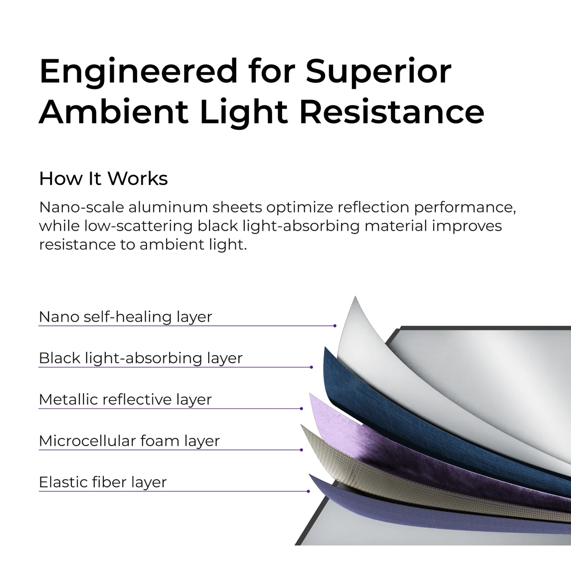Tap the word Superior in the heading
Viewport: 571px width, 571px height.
coord(378,71)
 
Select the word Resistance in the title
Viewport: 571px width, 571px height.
coord(392,112)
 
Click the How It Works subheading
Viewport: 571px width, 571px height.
coord(104,179)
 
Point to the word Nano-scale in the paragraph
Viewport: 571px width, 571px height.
coord(81,207)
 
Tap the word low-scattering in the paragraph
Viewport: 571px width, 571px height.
coord(138,226)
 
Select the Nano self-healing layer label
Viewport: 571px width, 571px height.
coord(125,317)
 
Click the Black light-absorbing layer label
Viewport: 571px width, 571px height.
coord(140,358)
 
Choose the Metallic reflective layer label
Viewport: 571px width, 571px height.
coord(125,400)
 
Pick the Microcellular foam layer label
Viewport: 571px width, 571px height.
coord(129,441)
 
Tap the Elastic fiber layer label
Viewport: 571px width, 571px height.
coord(103,482)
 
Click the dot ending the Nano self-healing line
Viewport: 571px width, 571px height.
coord(335,326)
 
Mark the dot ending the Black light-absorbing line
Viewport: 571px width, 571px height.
coord(311,367)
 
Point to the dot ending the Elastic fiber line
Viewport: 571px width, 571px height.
coord(308,491)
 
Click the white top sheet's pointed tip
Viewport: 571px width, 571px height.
coord(355,299)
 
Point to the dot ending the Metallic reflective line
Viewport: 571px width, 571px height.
coord(302,409)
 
